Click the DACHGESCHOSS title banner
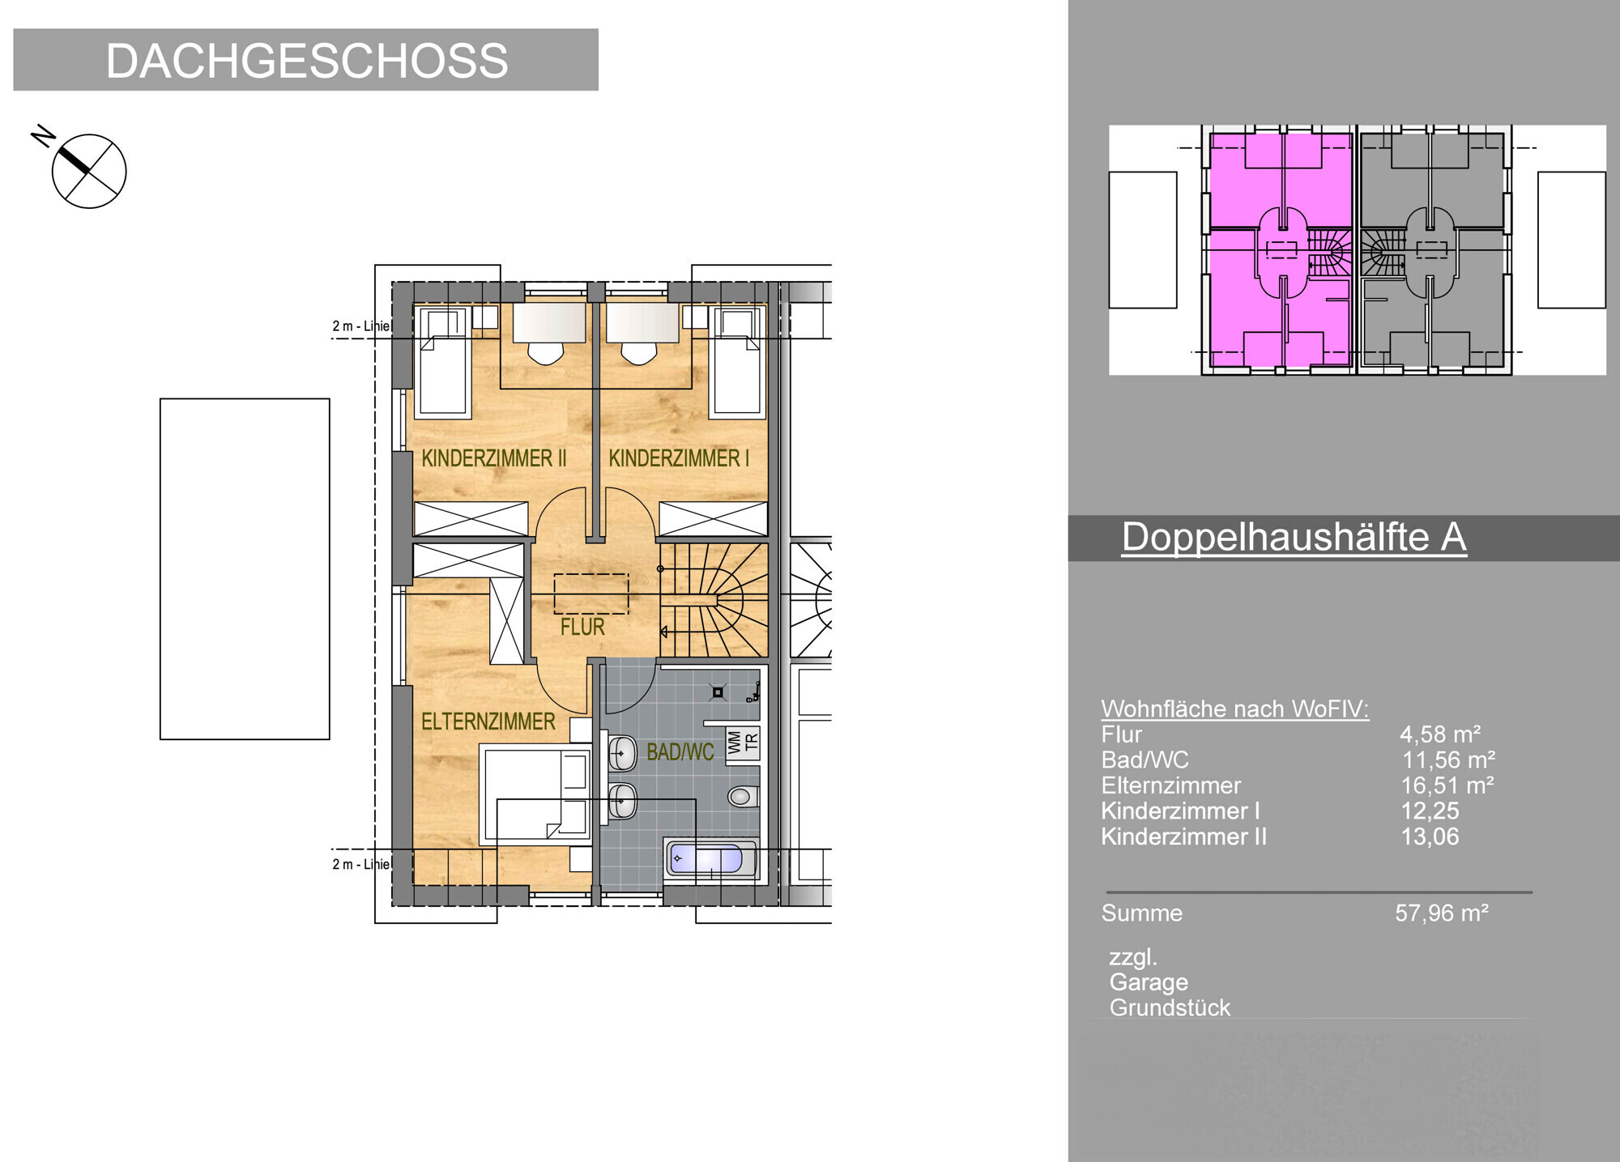(306, 60)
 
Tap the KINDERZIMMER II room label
(493, 458)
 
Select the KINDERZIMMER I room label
(679, 458)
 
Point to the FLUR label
(582, 627)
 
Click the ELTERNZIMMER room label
(488, 721)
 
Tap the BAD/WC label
(680, 752)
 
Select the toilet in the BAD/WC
(741, 796)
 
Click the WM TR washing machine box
(743, 743)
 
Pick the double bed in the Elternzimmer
(535, 796)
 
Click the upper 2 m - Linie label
(361, 326)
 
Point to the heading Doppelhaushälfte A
(1294, 538)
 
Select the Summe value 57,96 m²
(1442, 913)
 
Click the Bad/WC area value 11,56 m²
(1448, 760)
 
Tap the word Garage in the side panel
(1149, 983)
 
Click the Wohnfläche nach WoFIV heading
(1234, 709)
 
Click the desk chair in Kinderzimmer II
(545, 352)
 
